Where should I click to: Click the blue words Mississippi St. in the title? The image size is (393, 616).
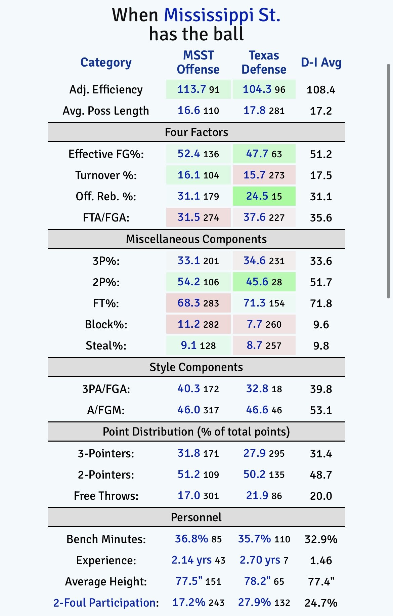(x=222, y=15)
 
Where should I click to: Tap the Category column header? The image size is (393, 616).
(x=106, y=63)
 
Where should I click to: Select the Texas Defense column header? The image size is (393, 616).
(x=264, y=63)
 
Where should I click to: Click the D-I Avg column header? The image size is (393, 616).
(x=321, y=63)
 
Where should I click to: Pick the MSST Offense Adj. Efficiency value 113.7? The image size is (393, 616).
(x=191, y=89)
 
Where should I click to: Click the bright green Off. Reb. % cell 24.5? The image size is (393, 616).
(x=258, y=196)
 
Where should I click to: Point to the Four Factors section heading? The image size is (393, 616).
(x=196, y=132)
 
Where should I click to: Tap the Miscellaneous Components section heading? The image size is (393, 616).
(x=196, y=239)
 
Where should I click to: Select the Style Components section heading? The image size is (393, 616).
(x=196, y=367)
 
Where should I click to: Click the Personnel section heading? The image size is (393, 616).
(x=196, y=517)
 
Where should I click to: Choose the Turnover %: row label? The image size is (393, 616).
(x=106, y=175)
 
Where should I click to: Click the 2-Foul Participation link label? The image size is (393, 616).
(x=106, y=603)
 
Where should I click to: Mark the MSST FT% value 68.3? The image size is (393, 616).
(x=189, y=303)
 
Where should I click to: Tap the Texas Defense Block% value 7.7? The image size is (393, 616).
(x=254, y=324)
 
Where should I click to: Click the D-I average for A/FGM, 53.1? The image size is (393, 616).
(x=321, y=410)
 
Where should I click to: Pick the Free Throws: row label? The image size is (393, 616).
(x=106, y=496)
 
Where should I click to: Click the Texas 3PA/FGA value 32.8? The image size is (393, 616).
(x=257, y=389)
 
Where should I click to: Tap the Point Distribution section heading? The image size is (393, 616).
(x=196, y=432)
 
